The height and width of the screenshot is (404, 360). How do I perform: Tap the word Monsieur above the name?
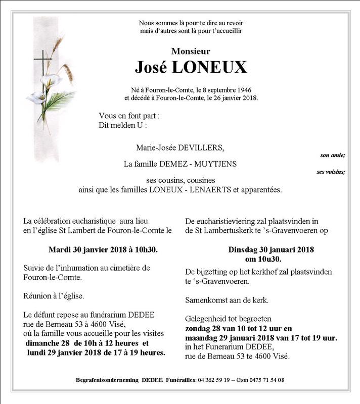191,51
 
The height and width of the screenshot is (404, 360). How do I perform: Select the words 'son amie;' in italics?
333,155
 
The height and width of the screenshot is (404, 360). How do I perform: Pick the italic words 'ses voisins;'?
331,172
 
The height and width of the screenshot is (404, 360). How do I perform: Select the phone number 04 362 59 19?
215,379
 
